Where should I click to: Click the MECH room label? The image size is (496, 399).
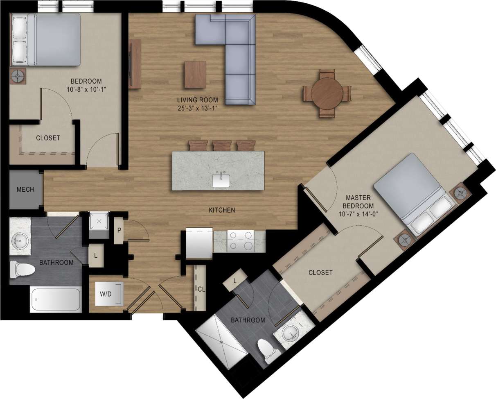[x=25, y=190]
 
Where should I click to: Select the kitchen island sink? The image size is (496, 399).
[x=221, y=181]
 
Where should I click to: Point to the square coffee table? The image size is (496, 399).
[x=195, y=74]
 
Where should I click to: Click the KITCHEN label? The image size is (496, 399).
[x=222, y=210]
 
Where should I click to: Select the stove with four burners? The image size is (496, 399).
[x=241, y=240]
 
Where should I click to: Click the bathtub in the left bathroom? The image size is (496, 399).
[x=56, y=300]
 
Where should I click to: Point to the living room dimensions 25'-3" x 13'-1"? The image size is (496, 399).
[x=197, y=108]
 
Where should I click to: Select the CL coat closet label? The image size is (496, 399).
[x=201, y=289]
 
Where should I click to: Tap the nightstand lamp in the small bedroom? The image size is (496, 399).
[x=18, y=76]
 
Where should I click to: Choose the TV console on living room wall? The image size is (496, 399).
[x=135, y=64]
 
